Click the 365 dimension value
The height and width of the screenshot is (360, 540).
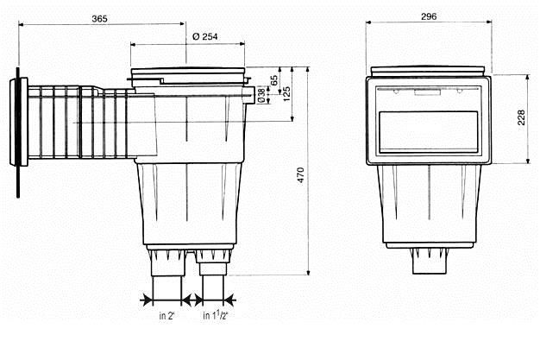99,19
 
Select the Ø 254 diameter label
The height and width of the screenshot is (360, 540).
205,36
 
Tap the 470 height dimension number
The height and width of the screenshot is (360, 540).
301,175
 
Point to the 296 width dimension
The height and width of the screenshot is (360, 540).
429,16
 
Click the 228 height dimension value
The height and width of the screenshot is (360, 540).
521,117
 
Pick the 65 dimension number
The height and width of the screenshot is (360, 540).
274,80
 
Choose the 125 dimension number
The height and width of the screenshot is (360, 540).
286,94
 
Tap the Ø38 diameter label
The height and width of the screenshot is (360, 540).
261,96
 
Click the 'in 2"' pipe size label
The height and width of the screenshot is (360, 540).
167,315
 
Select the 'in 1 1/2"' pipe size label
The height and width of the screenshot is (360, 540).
216,315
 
